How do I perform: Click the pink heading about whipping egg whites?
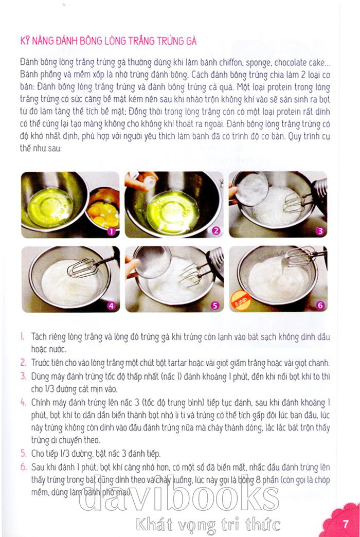108,41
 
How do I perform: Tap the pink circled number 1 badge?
111,231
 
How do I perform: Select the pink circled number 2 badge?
215,231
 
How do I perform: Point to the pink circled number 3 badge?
320,231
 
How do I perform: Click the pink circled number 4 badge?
111,306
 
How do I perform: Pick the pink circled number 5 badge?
215,306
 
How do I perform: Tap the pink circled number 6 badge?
320,305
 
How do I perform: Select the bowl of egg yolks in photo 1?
103,209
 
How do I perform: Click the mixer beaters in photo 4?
82,268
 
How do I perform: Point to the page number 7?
345,524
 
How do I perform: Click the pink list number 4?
23,402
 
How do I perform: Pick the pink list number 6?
23,467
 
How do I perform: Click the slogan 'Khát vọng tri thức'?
208,524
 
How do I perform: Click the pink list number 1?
22,336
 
